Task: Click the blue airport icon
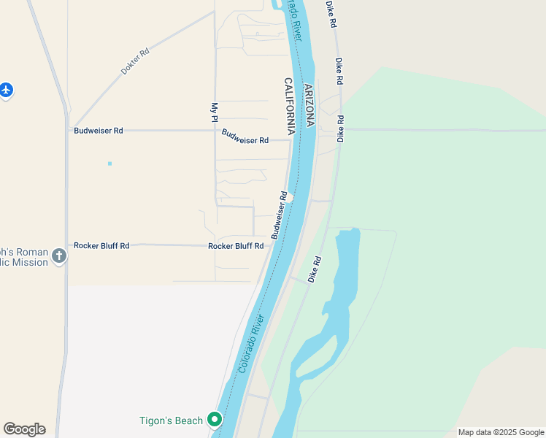(7, 91)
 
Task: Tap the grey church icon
(59, 256)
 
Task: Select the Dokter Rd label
(135, 63)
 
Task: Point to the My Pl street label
(215, 112)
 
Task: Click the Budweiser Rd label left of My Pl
(99, 131)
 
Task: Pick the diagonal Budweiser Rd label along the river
(279, 215)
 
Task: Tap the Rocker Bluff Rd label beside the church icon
(101, 246)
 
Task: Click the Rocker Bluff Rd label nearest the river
(236, 246)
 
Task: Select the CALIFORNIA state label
(289, 107)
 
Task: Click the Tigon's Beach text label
(171, 420)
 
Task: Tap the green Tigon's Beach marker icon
(215, 420)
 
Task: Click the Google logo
(24, 429)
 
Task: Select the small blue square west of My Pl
(109, 164)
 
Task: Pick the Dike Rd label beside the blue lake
(315, 269)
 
